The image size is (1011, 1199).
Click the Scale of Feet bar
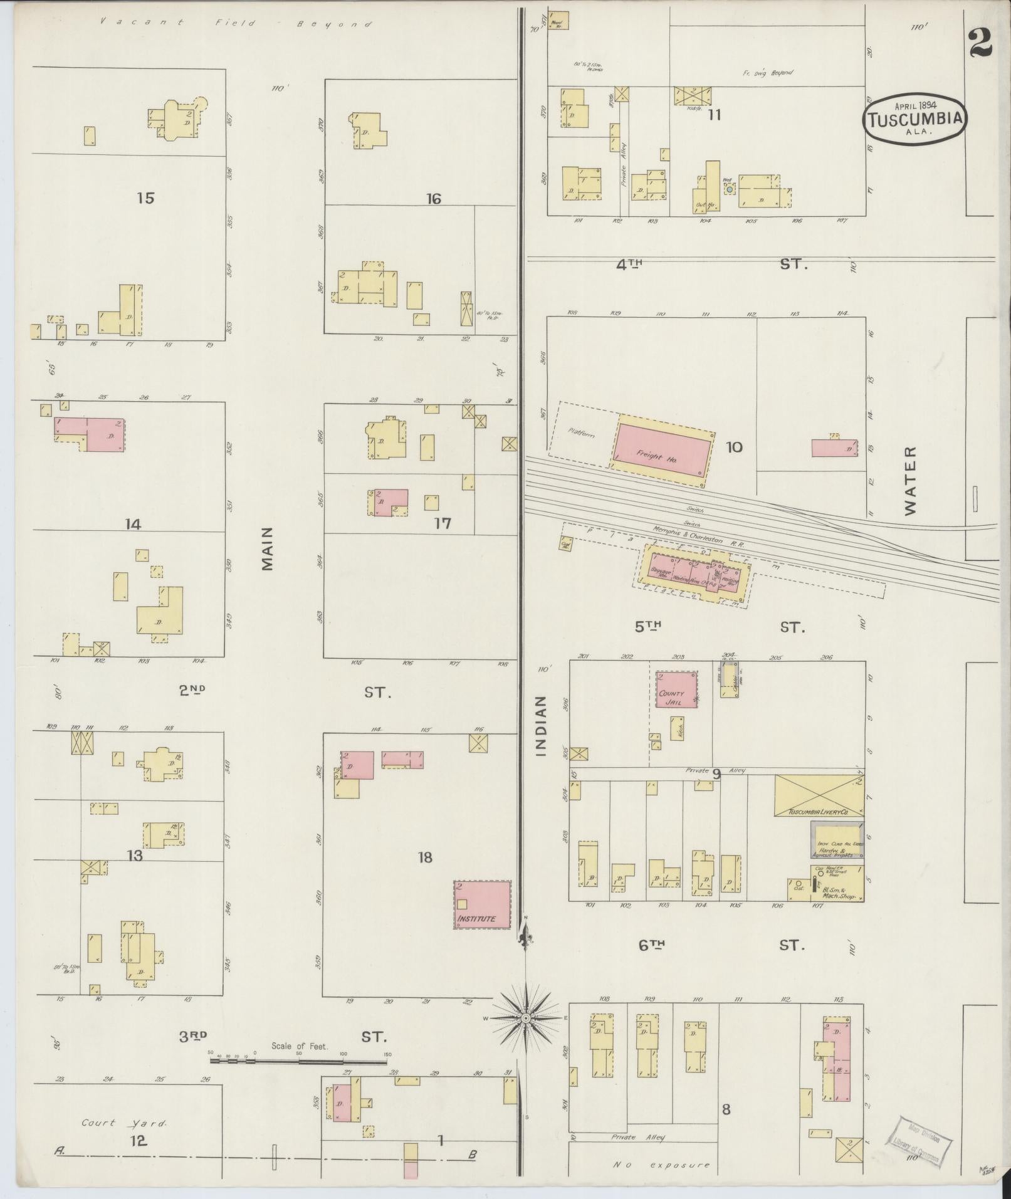pos(298,1060)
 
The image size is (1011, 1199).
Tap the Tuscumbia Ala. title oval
pos(914,120)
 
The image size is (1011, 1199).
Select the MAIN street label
pos(268,548)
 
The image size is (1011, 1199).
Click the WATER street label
pos(910,481)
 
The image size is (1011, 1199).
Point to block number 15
pos(145,199)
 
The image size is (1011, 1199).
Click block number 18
pos(425,857)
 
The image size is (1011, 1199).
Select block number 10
pos(734,448)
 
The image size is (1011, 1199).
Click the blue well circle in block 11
pos(730,188)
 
